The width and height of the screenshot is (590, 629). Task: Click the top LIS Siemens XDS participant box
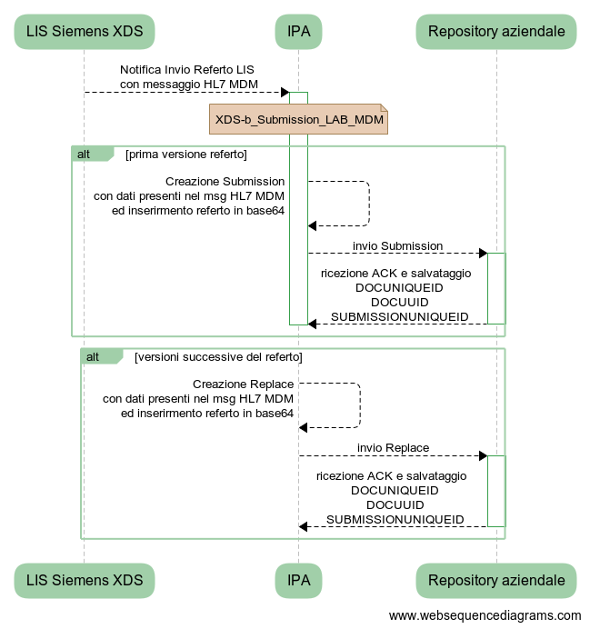84,32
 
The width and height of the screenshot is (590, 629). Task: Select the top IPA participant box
298,32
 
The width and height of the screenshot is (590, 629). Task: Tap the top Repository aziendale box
496,32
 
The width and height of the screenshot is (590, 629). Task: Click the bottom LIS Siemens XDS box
84,581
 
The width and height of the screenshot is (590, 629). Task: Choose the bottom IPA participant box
298,581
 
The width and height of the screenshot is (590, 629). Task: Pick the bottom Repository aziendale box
496,581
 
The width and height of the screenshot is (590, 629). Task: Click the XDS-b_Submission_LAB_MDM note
299,120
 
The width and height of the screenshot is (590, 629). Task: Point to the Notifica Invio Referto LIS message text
188,77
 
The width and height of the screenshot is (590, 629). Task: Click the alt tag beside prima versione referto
85,154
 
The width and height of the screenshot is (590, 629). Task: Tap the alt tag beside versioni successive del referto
94,356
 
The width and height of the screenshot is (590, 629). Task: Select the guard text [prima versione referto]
186,154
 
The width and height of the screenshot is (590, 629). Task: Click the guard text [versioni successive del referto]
218,356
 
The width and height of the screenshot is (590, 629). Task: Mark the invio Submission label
398,246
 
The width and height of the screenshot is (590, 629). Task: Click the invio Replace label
393,448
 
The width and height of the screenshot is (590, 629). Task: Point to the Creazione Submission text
225,182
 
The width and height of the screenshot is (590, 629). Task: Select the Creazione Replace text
243,384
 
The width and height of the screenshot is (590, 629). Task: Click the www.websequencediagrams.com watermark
485,615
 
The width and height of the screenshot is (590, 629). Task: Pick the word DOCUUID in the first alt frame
399,302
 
